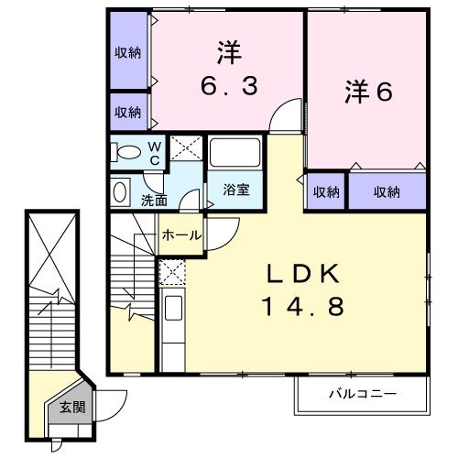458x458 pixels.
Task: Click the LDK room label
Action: click(304, 273)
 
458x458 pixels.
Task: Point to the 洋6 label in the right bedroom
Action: click(368, 92)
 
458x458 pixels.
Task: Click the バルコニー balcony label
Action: click(363, 395)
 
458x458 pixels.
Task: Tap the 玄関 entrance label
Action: click(71, 409)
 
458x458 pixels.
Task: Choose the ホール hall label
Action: click(181, 235)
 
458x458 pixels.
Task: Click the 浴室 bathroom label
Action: click(236, 190)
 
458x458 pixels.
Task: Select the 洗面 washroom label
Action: click(154, 200)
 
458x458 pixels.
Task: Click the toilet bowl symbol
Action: click(129, 153)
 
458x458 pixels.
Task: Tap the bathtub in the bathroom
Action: click(235, 153)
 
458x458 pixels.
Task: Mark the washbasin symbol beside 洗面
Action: click(120, 191)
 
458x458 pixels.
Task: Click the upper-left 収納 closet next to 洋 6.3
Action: click(128, 52)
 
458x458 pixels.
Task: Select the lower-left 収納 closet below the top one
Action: click(128, 112)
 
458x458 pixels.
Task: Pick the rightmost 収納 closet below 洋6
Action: click(387, 191)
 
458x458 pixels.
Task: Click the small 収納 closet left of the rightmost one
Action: click(326, 191)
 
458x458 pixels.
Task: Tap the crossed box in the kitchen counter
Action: click(171, 272)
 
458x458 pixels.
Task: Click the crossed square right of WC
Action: click(186, 149)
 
